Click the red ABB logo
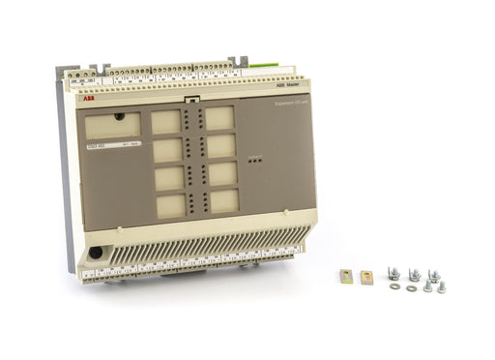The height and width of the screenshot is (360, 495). coord(89,99)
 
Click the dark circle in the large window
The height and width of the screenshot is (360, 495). coord(119,116)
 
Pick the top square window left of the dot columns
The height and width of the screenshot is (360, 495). coord(166,121)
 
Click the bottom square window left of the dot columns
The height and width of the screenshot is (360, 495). coord(171,204)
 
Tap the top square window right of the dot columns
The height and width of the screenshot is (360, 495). coord(218,118)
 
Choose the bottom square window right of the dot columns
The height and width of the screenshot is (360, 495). coord(223,200)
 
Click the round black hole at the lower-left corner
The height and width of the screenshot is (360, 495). coord(96,254)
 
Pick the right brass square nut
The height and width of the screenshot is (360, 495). coord(366,277)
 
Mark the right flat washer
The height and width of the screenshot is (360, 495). coord(413,286)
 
